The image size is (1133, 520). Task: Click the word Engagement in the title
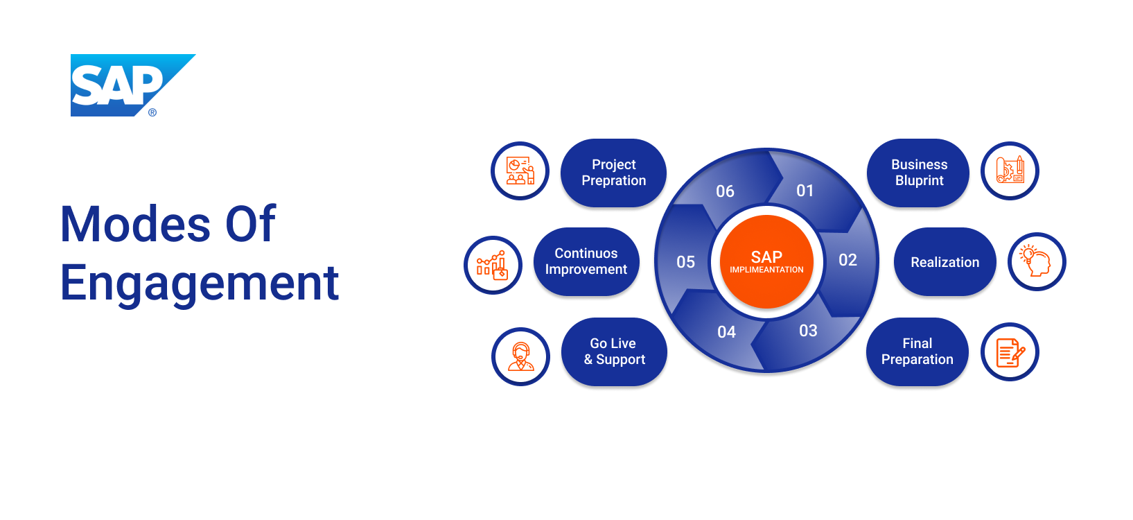click(x=200, y=283)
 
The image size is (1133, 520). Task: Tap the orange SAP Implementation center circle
click(x=766, y=261)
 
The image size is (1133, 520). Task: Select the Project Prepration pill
click(x=613, y=173)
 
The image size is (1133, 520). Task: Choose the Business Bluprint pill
click(x=918, y=173)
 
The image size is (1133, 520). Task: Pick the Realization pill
click(x=945, y=262)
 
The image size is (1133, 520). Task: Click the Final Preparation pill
click(x=917, y=352)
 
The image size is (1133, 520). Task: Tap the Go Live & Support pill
click(x=614, y=352)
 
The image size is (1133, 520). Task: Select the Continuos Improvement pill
click(x=586, y=261)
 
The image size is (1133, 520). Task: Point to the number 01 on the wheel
click(x=805, y=191)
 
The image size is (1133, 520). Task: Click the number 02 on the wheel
click(x=847, y=260)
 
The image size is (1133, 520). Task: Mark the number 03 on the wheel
click(x=808, y=331)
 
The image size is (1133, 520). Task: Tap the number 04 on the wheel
click(x=726, y=332)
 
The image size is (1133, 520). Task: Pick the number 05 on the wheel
click(x=685, y=262)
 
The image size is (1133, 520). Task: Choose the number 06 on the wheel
click(x=725, y=191)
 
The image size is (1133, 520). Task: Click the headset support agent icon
click(x=520, y=356)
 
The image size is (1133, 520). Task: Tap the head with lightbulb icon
click(x=1036, y=261)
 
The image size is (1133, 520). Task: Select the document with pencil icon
click(x=1010, y=352)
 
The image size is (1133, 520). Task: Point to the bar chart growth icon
click(x=492, y=265)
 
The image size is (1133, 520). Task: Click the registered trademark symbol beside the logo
click(x=152, y=112)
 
